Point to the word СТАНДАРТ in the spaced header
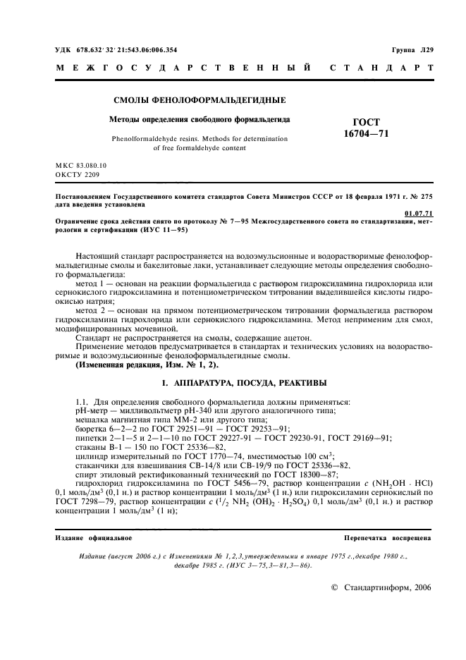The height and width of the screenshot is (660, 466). [380, 68]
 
